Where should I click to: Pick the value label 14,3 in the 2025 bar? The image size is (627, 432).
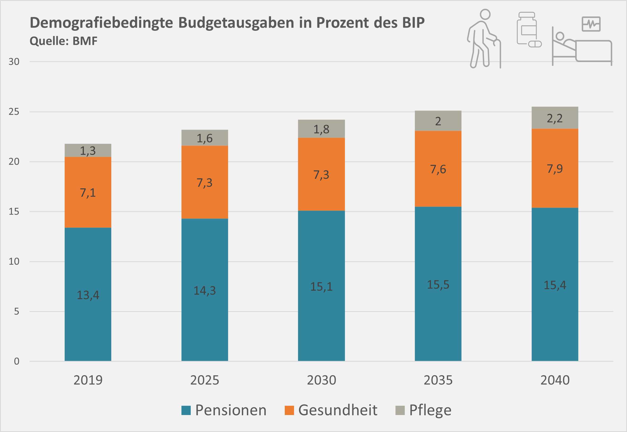(x=205, y=291)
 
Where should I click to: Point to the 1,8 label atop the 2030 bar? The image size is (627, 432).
(x=321, y=129)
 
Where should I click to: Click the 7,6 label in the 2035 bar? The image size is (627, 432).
(x=438, y=169)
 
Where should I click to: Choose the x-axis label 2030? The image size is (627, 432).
(x=321, y=380)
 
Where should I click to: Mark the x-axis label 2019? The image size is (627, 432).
(x=88, y=380)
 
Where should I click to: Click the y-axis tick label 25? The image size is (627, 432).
(x=14, y=112)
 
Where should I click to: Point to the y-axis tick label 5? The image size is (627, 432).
(x=16, y=312)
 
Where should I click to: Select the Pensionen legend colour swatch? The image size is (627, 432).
(x=186, y=410)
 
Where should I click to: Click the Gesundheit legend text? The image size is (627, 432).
(x=338, y=410)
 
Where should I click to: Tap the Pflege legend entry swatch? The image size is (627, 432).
(x=400, y=410)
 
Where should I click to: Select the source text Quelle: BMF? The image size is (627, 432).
(x=64, y=41)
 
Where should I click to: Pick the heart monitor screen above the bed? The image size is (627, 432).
(x=591, y=24)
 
